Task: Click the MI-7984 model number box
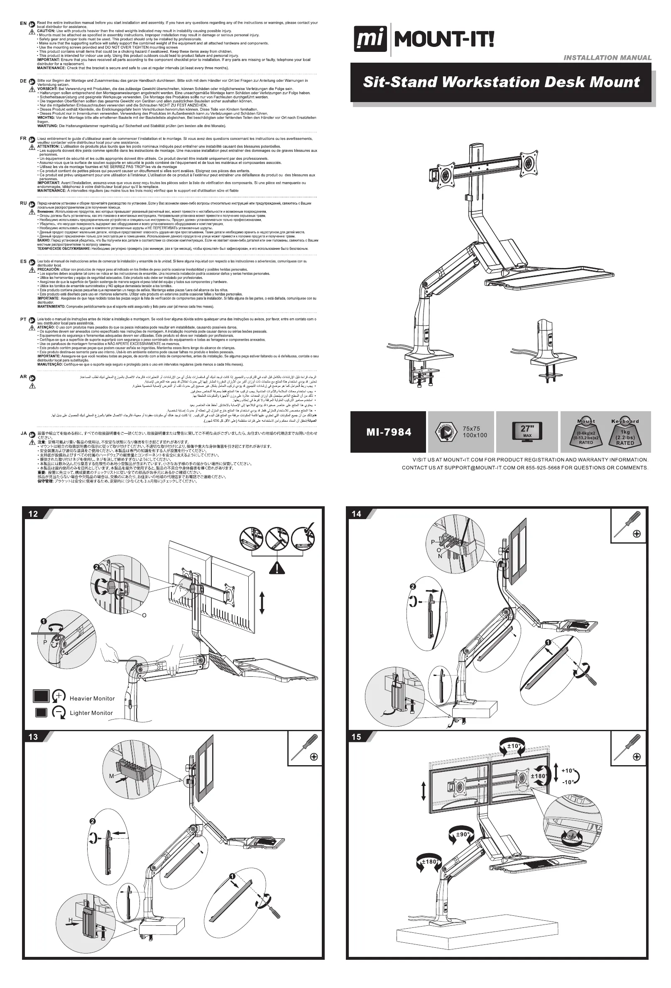[388, 432]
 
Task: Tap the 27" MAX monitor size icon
[527, 431]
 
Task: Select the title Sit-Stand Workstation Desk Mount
[501, 82]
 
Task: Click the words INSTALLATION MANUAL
[607, 58]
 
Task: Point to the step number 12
[33, 514]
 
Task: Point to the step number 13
[33, 737]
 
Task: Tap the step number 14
[357, 514]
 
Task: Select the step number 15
[357, 737]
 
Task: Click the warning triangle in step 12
[277, 568]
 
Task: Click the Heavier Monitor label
[92, 698]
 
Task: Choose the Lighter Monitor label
[91, 713]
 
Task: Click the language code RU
[23, 203]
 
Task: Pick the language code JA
[23, 434]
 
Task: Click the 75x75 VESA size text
[471, 429]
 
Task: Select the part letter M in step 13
[111, 776]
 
